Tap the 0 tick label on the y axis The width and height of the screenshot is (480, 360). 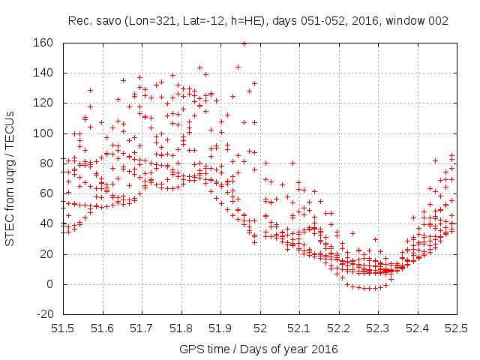coord(49,284)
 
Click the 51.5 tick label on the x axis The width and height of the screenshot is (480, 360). coord(62,328)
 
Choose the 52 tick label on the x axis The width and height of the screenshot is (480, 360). coord(259,328)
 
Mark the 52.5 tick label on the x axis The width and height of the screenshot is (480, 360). coord(457,328)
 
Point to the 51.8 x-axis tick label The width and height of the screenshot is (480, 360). coord(181,328)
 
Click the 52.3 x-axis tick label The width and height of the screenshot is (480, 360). coord(378,328)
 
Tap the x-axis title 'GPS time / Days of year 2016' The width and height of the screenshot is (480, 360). coord(259,349)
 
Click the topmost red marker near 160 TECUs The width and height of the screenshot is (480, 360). coord(244,43)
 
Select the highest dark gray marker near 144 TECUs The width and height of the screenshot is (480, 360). coord(238,67)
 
